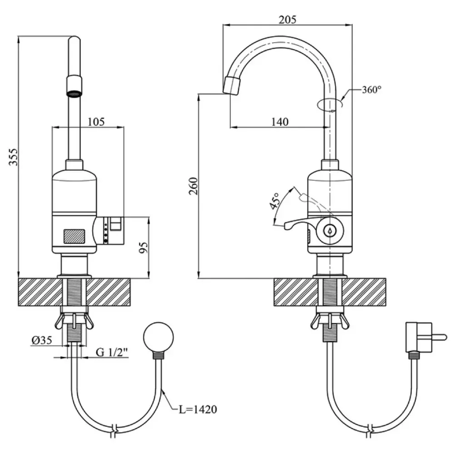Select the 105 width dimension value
[96, 122]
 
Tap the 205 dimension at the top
[287, 19]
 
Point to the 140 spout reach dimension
[280, 122]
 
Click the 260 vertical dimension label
[194, 186]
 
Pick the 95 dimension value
[143, 248]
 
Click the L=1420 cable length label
[197, 410]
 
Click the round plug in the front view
[158, 336]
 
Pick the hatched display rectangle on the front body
[74, 236]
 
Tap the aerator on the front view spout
[74, 87]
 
